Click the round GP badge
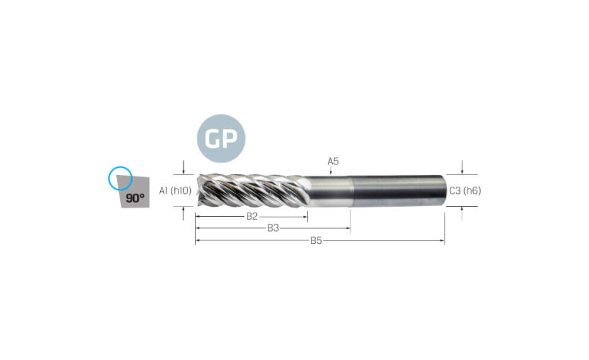point(221,138)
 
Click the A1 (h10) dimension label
point(175,190)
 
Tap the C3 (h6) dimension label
point(465,190)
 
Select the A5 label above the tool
point(333,161)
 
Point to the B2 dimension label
point(252,216)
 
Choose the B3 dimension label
point(273,228)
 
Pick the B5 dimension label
point(316,240)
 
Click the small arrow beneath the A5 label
point(330,171)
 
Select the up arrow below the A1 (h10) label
point(183,213)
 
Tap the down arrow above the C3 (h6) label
point(462,167)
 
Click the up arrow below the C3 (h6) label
point(462,213)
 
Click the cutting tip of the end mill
point(197,190)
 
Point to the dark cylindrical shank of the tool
point(398,190)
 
